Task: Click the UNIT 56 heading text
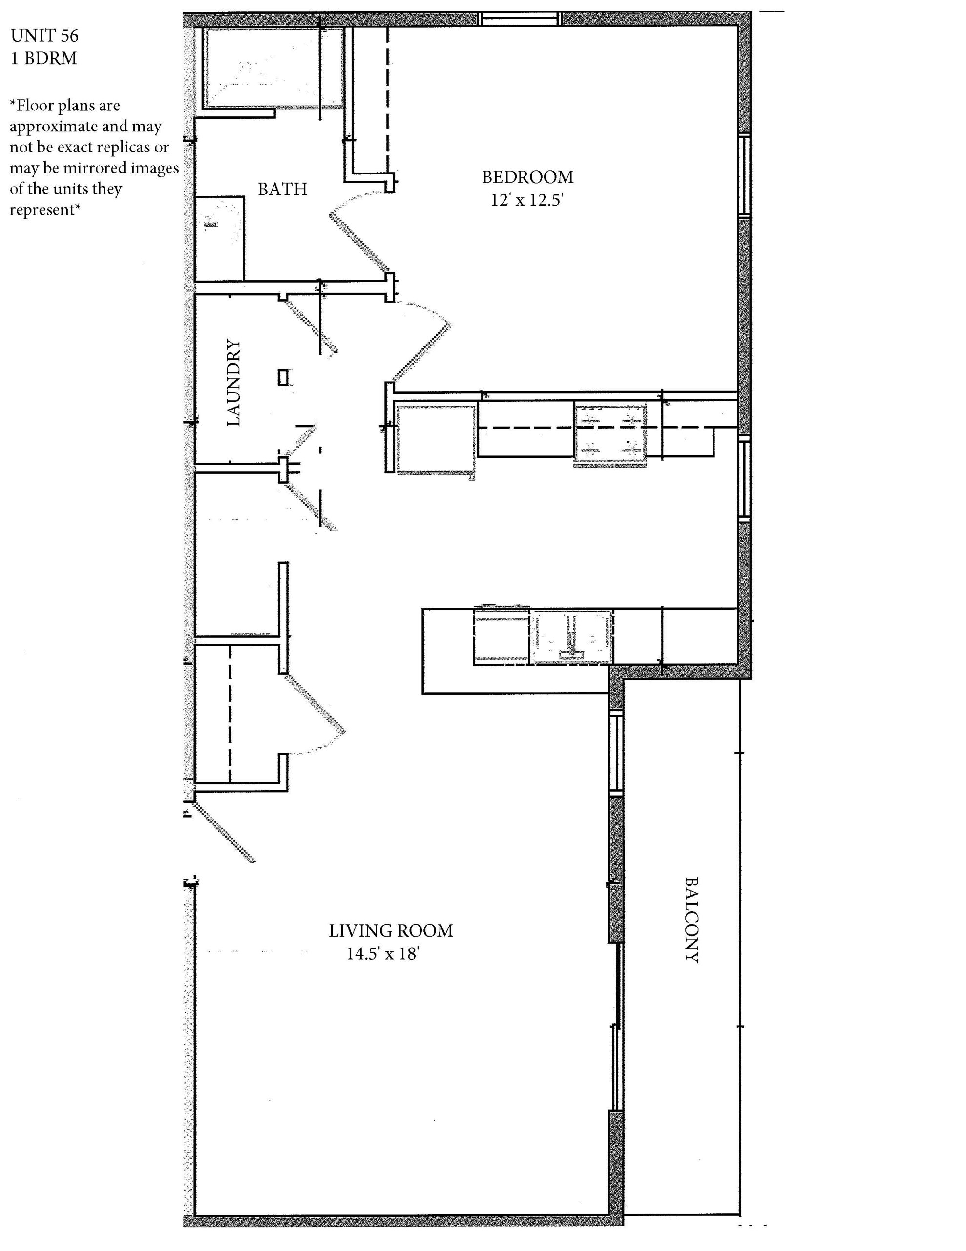click(x=44, y=36)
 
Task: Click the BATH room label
click(x=282, y=189)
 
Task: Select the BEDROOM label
click(x=527, y=177)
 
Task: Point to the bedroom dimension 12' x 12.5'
click(x=527, y=200)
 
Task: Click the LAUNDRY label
click(x=233, y=383)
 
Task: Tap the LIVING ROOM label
click(x=391, y=931)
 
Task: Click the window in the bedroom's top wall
click(x=519, y=19)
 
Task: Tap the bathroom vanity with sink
click(x=220, y=239)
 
